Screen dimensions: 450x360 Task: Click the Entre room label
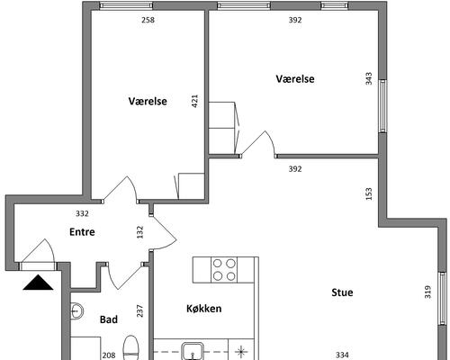tap(82, 232)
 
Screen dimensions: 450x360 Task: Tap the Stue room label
tap(342, 292)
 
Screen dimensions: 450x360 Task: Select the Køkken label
tap(204, 309)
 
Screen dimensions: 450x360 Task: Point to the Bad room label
tap(109, 319)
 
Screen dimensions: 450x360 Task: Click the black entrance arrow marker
tap(38, 283)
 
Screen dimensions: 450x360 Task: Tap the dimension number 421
tap(194, 101)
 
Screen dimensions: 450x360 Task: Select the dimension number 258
tap(148, 20)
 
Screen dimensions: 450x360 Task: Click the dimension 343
tap(369, 78)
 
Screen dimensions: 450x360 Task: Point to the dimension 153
tap(369, 193)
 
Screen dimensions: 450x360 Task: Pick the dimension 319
tap(427, 292)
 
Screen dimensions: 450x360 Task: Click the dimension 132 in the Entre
tap(139, 232)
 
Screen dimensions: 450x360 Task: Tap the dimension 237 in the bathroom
tap(139, 310)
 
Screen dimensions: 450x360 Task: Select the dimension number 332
tap(82, 213)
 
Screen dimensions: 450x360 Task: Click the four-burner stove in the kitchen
tap(224, 270)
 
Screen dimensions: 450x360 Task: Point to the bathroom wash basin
tap(76, 311)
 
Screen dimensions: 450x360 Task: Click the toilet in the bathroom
tap(131, 348)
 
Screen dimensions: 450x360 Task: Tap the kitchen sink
tap(193, 352)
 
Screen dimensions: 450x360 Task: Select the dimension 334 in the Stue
tap(342, 355)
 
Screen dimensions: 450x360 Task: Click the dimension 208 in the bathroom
tap(109, 355)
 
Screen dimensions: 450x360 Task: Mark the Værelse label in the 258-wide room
tap(148, 101)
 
